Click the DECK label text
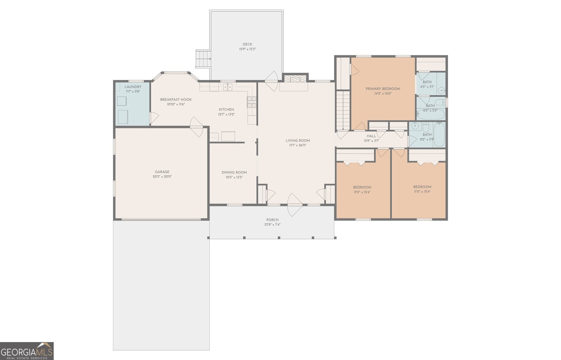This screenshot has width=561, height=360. pyautogui.click(x=247, y=44)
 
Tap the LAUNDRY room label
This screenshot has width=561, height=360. pyautogui.click(x=133, y=87)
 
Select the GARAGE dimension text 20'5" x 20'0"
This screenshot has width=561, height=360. pyautogui.click(x=162, y=177)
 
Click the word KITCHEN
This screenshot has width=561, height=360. pyautogui.click(x=227, y=109)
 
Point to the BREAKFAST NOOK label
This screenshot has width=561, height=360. pyautogui.click(x=176, y=100)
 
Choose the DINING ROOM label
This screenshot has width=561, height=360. pyautogui.click(x=234, y=172)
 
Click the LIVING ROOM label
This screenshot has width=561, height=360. pyautogui.click(x=298, y=140)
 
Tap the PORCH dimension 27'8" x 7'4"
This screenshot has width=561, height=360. pyautogui.click(x=272, y=225)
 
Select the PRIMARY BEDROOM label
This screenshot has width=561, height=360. pyautogui.click(x=383, y=89)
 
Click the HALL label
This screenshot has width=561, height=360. pyautogui.click(x=371, y=136)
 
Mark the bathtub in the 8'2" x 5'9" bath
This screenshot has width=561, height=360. pyautogui.click(x=439, y=135)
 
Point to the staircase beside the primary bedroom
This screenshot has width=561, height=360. pyautogui.click(x=343, y=109)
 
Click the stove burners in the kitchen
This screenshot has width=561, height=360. pyautogui.click(x=251, y=102)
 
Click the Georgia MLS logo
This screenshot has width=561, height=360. pyautogui.click(x=27, y=351)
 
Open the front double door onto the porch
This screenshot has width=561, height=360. pyautogui.click(x=295, y=205)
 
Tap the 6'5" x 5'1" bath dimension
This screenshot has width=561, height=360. pyautogui.click(x=427, y=87)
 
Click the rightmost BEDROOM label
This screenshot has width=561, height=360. pyautogui.click(x=422, y=187)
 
